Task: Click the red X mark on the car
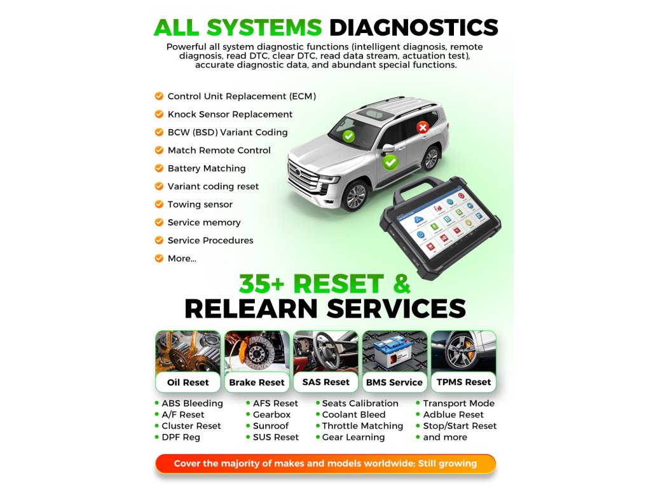click(x=422, y=128)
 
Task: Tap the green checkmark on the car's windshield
click(x=348, y=135)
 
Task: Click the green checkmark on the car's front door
click(x=390, y=163)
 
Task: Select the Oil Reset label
click(x=188, y=383)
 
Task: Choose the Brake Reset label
click(x=257, y=383)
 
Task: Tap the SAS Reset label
click(x=326, y=382)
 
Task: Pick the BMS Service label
click(x=394, y=383)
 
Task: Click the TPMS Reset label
click(x=464, y=382)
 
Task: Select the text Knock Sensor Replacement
click(x=230, y=114)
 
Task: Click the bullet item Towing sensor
click(x=200, y=205)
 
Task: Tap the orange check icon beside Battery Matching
click(x=159, y=168)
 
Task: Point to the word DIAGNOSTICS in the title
click(x=413, y=27)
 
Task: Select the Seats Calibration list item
click(x=360, y=403)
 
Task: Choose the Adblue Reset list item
click(x=453, y=415)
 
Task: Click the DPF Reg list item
click(x=181, y=437)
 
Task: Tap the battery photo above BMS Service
click(x=394, y=351)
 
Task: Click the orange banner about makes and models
click(x=325, y=463)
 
